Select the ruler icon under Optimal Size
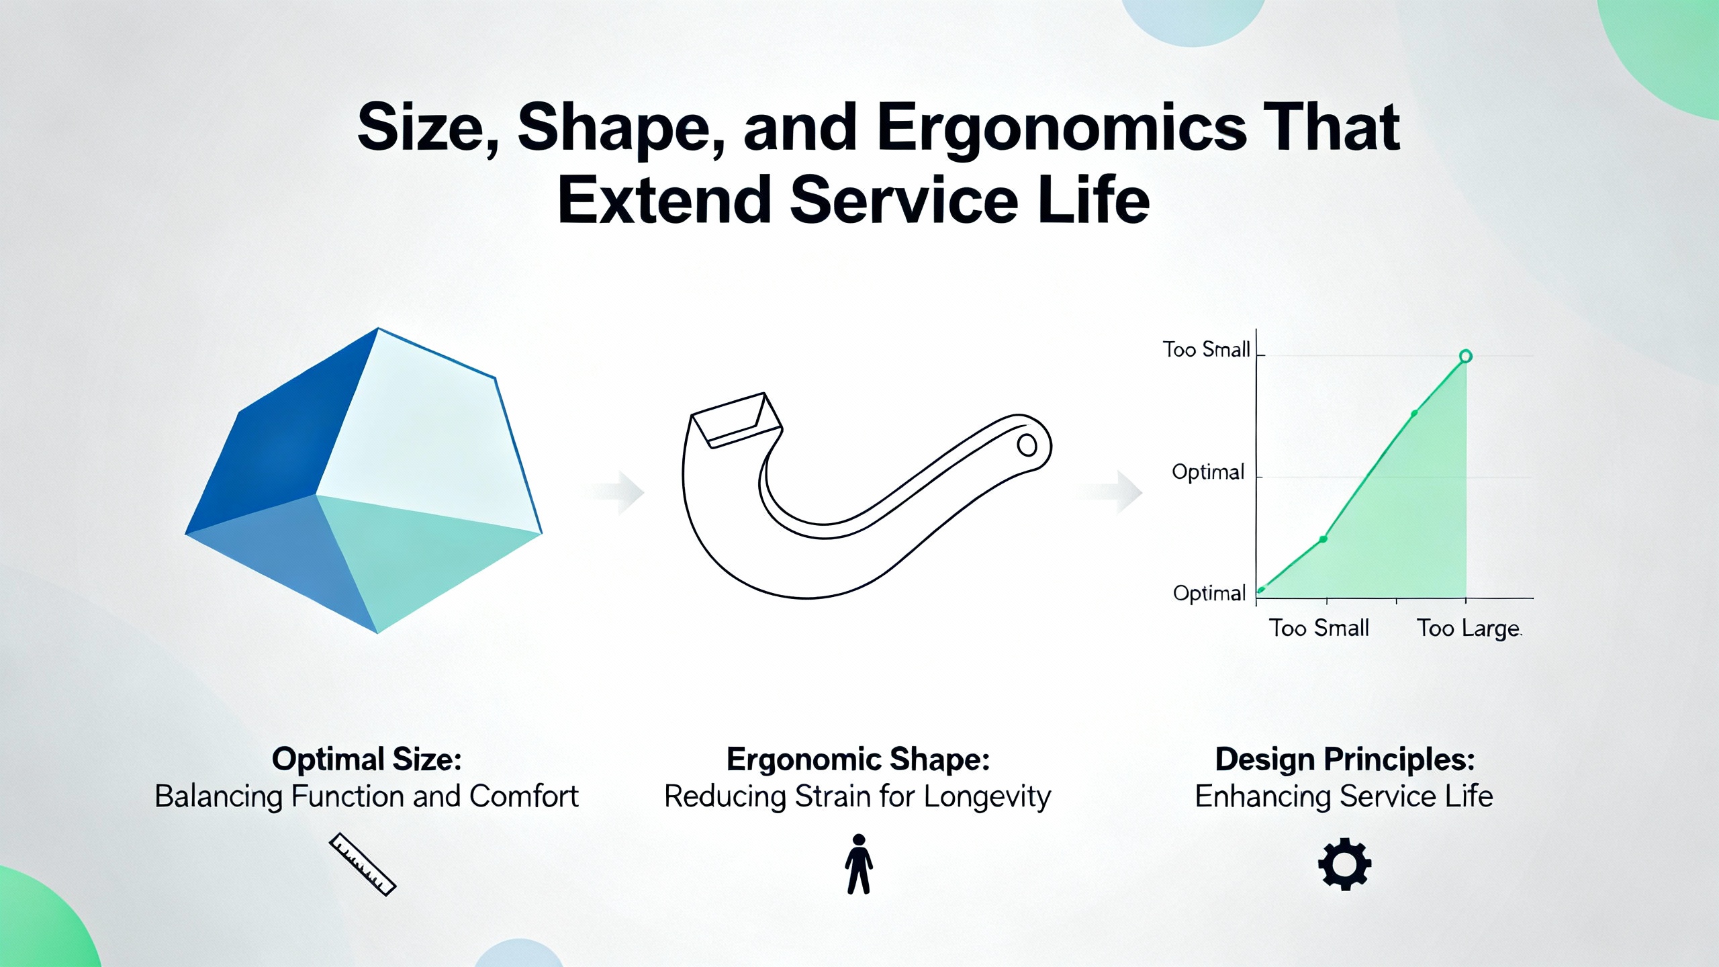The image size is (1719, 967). (363, 864)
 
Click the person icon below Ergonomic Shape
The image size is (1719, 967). (859, 864)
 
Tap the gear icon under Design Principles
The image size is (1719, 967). (1344, 864)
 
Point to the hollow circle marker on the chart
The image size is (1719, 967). (1466, 356)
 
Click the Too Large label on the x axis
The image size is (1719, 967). (1469, 629)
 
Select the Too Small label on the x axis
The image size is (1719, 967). (1319, 628)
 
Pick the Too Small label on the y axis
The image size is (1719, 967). (1206, 349)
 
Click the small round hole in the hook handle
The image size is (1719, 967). (1027, 445)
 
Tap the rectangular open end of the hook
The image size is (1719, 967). (737, 420)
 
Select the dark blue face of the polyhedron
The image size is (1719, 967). (282, 430)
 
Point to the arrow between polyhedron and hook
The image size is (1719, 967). (618, 493)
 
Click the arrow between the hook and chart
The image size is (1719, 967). (1112, 492)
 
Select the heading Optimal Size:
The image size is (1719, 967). (367, 759)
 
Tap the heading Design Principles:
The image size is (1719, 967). (1345, 759)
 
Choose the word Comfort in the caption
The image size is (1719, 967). (524, 796)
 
